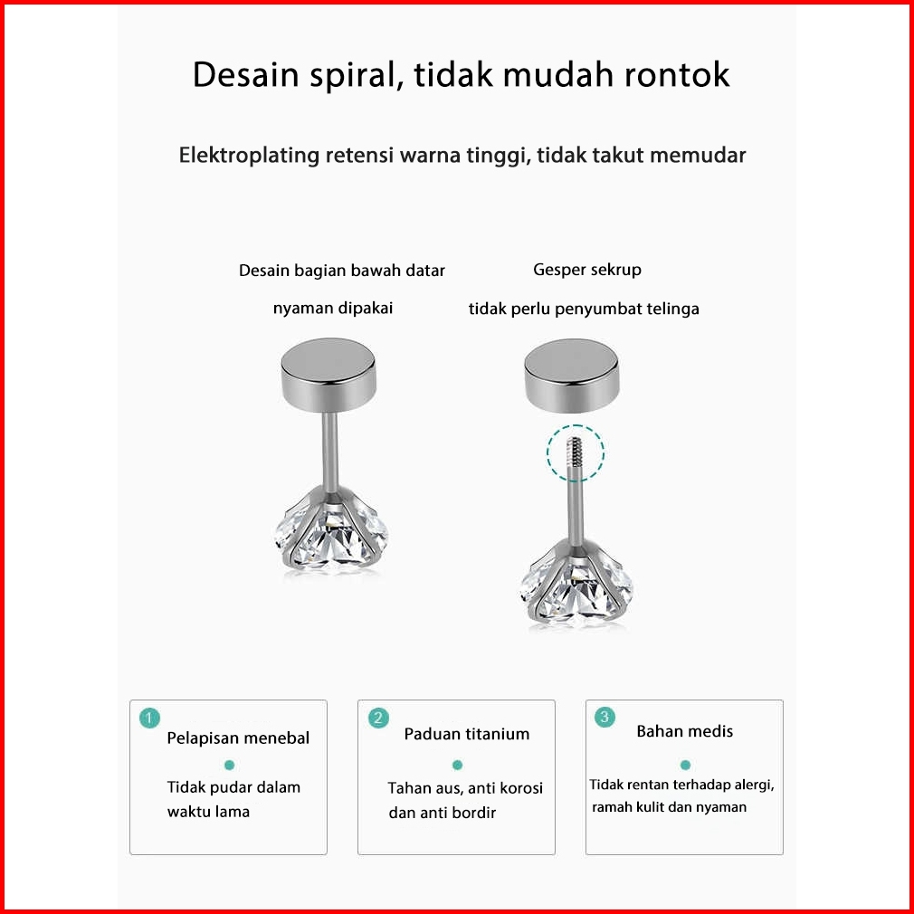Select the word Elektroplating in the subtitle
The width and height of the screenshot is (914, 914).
coord(249,156)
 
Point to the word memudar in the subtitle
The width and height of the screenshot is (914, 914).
coord(698,155)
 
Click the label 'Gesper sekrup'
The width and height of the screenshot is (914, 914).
coord(587,270)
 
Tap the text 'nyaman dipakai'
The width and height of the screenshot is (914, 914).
coord(333,308)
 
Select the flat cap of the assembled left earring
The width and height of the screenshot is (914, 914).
coord(328,372)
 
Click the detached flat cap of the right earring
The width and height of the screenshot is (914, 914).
coord(571,375)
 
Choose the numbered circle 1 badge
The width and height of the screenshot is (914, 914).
coord(150,718)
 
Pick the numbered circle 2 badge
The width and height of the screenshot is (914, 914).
coord(378,718)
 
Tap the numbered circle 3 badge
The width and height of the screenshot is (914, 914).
coord(605,717)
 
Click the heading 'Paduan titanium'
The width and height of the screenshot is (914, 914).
coord(467,734)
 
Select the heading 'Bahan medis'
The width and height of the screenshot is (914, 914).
coord(684,731)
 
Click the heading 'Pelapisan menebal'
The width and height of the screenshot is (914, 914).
coord(238,738)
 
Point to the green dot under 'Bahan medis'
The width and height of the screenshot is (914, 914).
coord(686,765)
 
